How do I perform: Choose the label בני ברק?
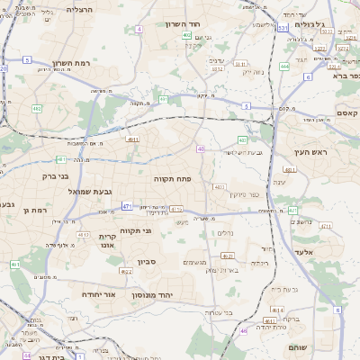click(55, 175)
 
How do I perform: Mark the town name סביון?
click(147, 262)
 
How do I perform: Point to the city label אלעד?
click(302, 252)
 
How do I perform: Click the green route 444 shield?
click(284, 66)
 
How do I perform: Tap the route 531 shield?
click(283, 29)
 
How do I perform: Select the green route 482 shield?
click(38, 108)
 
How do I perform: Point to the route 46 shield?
click(243, 331)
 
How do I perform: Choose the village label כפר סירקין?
click(244, 193)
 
